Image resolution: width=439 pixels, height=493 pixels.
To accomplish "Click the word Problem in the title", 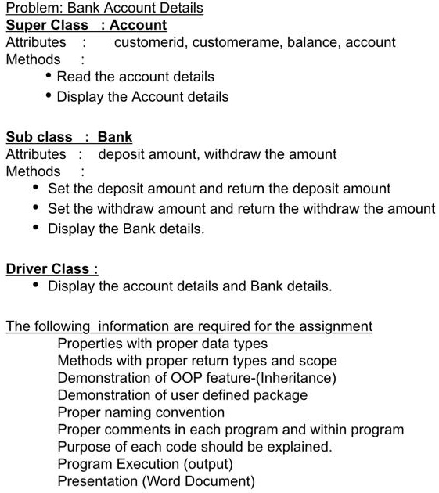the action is [x=32, y=9].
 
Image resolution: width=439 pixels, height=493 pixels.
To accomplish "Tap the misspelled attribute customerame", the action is [x=232, y=42].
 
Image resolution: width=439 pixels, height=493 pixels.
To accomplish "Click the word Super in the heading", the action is [x=24, y=25].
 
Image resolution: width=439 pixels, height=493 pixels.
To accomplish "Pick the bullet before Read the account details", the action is [x=49, y=75].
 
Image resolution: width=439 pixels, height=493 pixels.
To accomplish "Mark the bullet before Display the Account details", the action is [x=49, y=95].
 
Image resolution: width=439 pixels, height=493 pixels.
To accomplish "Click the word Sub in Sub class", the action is [x=19, y=137].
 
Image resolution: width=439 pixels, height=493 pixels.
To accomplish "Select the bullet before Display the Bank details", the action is [x=37, y=228].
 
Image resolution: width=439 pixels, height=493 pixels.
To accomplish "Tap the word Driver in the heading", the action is [x=27, y=269].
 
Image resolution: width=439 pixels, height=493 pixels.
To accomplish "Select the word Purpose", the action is [x=85, y=447].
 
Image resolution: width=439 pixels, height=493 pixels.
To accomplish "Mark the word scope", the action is [x=318, y=361].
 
